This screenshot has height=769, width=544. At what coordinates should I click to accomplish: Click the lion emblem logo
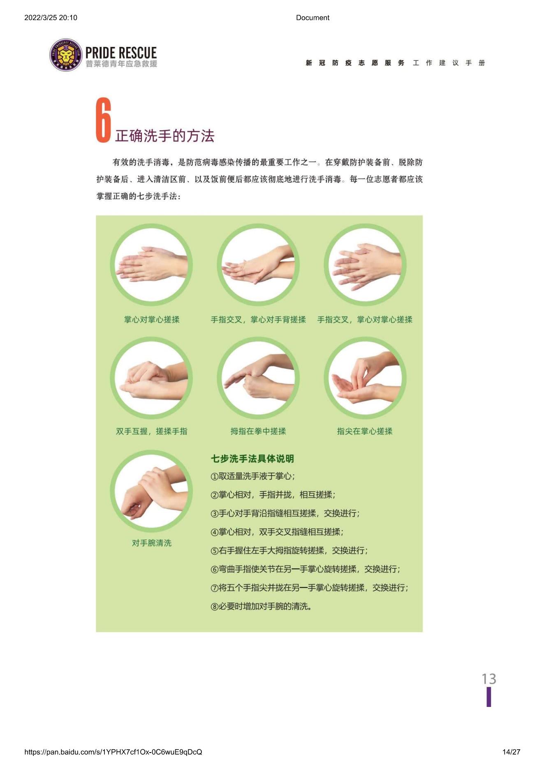[66, 55]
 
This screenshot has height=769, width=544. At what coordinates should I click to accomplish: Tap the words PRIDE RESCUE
[121, 53]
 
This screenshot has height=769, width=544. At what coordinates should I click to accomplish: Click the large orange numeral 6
[104, 120]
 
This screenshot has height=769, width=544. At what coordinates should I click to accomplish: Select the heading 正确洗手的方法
[165, 136]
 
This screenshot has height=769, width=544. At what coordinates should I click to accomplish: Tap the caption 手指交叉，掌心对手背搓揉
[258, 319]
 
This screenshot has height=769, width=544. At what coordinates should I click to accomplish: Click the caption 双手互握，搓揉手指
[151, 431]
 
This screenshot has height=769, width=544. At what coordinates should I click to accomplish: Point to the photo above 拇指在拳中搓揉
[258, 378]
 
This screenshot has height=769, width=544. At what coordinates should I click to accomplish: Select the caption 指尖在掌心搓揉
[365, 431]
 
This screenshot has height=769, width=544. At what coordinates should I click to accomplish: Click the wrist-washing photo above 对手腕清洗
[151, 491]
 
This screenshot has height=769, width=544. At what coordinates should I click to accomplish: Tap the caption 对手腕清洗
[151, 543]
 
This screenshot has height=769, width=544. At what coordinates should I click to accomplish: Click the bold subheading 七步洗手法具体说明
[252, 459]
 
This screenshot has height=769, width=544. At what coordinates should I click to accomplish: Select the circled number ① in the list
[214, 477]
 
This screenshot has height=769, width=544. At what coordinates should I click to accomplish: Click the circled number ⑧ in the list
[214, 607]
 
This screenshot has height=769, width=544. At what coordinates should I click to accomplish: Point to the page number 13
[489, 679]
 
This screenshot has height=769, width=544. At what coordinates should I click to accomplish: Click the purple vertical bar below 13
[489, 697]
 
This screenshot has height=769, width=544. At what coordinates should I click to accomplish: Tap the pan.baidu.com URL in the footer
[113, 752]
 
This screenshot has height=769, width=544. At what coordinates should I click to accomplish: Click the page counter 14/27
[511, 752]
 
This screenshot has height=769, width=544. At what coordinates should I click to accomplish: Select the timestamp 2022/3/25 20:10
[51, 18]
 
